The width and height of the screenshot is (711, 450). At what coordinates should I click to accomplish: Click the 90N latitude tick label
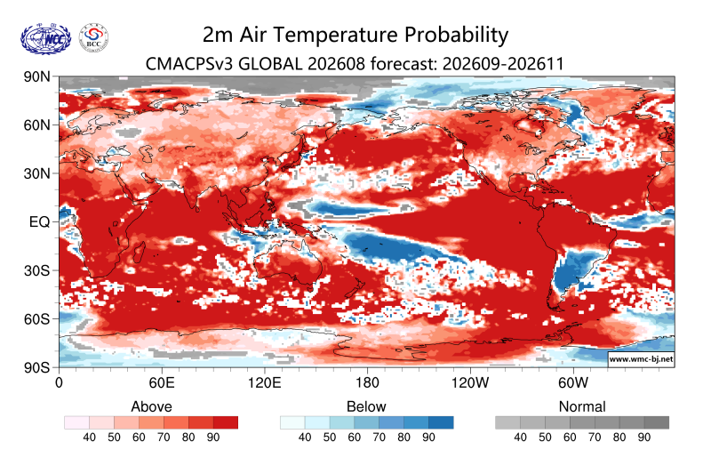(x=36, y=76)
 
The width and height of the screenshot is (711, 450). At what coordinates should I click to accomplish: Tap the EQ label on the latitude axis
(x=39, y=221)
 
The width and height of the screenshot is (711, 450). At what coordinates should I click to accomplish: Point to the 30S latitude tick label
(x=36, y=270)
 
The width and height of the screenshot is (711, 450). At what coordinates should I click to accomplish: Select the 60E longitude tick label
(x=162, y=382)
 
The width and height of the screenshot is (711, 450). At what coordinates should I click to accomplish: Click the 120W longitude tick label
(x=470, y=382)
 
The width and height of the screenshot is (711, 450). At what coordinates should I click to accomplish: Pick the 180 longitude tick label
(x=367, y=382)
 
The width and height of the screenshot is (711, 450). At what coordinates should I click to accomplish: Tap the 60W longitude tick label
(x=573, y=382)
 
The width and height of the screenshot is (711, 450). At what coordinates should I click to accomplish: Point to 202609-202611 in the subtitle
(x=503, y=64)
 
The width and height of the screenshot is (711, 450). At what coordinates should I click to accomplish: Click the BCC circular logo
(x=93, y=37)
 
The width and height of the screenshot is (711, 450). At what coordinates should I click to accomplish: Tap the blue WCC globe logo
(x=46, y=39)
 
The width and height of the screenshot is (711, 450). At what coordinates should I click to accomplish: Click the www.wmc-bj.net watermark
(x=641, y=358)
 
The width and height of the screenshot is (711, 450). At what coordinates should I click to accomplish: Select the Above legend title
(x=151, y=406)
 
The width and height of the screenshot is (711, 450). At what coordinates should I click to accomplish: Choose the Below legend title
(x=366, y=406)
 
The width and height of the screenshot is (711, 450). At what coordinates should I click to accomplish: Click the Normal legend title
(x=582, y=406)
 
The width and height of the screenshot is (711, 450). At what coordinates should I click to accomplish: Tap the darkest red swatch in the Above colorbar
(x=226, y=422)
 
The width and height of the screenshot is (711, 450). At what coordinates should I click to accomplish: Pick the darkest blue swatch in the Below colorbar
(x=441, y=422)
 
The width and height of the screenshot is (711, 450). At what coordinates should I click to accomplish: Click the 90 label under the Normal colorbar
(x=643, y=438)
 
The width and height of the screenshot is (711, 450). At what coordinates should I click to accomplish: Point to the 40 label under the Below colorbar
(x=305, y=438)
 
